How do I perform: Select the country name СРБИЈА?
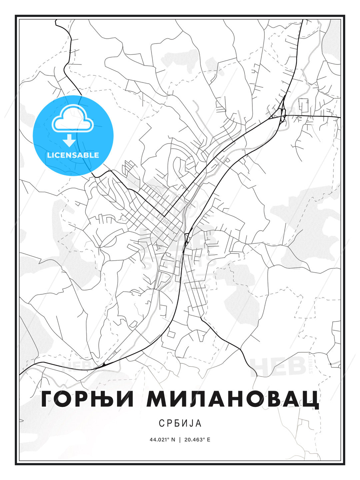tap(180, 423)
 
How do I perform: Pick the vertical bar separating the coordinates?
tap(180, 440)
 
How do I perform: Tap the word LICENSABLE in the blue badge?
tap(73, 155)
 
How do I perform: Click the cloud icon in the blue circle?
tap(73, 119)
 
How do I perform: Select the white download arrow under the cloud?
tap(69, 140)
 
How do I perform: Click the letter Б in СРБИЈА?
tap(175, 423)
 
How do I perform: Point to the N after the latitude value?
tap(173, 440)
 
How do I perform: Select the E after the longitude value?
tap(209, 440)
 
